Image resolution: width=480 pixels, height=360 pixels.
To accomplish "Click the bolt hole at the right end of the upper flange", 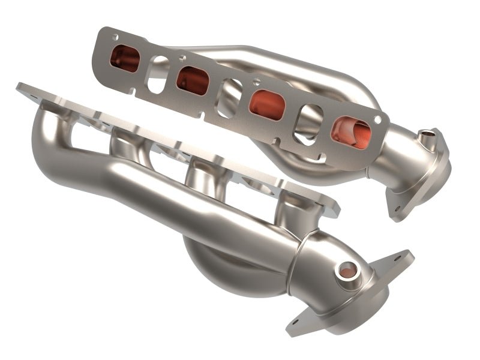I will tap(377, 119).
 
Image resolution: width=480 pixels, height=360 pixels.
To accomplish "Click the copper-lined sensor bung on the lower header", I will tap(346, 270).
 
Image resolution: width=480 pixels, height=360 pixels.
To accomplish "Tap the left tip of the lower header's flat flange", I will tap(22, 88).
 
